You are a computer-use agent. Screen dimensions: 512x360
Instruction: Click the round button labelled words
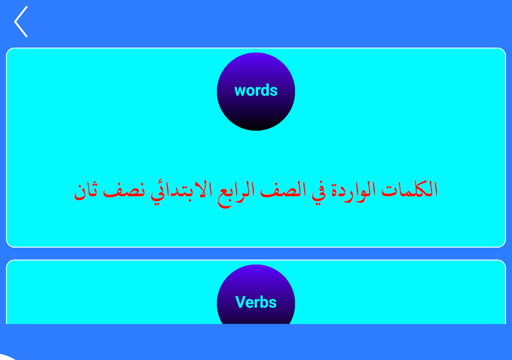pos(256,91)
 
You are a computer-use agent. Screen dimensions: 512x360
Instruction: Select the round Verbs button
pos(256,294)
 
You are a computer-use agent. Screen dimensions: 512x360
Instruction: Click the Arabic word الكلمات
pos(409,189)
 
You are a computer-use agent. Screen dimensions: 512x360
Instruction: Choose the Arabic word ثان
pos(85,191)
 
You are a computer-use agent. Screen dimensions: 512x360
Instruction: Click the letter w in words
pos(241,91)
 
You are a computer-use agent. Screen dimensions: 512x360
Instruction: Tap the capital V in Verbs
pos(241,302)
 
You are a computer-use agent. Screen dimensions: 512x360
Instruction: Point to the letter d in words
pos(265,90)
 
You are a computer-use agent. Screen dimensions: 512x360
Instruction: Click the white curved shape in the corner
pos(7,357)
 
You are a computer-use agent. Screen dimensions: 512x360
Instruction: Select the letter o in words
pos(252,91)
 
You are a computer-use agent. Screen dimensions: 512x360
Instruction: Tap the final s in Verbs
pos(273,304)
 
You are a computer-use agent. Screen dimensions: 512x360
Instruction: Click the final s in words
pos(274,91)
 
